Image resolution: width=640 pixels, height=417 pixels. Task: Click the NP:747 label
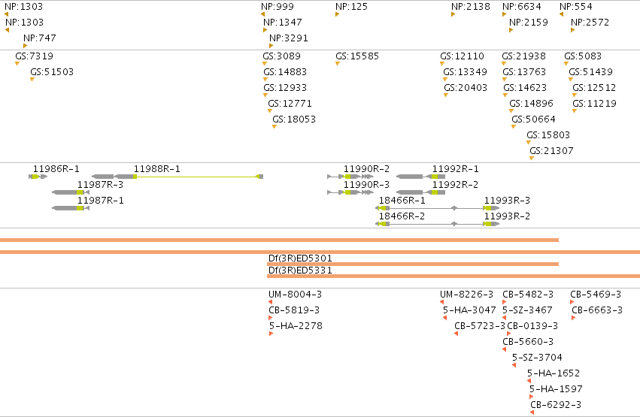pos(40,38)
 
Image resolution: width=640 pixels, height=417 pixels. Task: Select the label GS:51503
pos(52,71)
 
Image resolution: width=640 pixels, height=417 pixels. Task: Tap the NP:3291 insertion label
pos(289,38)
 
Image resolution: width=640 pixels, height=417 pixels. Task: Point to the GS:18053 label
pos(294,119)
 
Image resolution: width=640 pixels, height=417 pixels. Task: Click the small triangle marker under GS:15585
pos(338,64)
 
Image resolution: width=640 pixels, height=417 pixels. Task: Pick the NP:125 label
pos(351,7)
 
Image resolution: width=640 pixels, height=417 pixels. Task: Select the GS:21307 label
pos(551,151)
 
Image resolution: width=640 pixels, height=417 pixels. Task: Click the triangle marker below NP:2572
pos(572,30)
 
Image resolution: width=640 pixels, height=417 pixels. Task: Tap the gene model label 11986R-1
pos(56,169)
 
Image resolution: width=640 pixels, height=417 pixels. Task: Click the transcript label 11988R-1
pos(157,169)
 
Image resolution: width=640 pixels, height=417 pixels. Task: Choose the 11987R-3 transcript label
pos(101,185)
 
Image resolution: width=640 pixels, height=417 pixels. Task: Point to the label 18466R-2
pos(402,216)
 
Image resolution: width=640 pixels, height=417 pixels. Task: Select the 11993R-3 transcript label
pos(508,200)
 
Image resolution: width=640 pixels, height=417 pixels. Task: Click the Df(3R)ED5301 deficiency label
pos(300,258)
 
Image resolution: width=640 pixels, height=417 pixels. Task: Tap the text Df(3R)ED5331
pos(300,270)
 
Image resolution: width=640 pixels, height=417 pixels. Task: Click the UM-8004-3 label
pos(295,295)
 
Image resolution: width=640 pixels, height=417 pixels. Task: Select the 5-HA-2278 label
pos(296,325)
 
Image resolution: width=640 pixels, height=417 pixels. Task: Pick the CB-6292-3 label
pos(556,405)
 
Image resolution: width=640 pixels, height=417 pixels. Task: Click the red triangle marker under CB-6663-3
pos(574,318)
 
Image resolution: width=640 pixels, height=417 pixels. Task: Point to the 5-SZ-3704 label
pos(537,358)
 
